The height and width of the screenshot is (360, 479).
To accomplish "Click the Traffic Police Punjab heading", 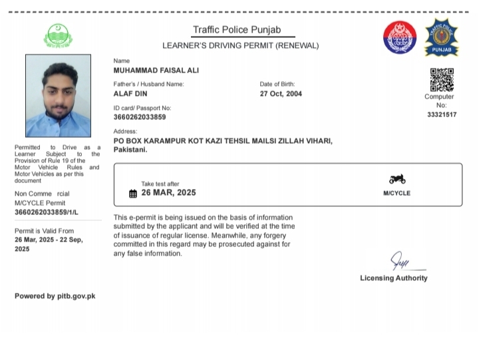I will click(x=236, y=30).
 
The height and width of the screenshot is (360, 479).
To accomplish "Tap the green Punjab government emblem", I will click(x=57, y=36).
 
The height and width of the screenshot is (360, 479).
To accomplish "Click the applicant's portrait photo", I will click(x=58, y=96).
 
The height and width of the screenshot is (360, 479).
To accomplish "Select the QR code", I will click(x=442, y=80).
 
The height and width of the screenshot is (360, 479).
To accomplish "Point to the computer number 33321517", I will click(x=442, y=114).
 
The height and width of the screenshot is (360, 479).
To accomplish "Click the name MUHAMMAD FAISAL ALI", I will click(x=156, y=71).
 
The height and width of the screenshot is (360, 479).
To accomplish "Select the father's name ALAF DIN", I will click(x=130, y=94).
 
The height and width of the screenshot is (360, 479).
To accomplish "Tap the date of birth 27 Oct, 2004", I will click(x=281, y=94).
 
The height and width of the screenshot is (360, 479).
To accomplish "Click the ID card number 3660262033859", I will click(x=140, y=117).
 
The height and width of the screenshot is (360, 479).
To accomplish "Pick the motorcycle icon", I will click(x=397, y=179).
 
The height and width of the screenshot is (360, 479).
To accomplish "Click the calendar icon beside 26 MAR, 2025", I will click(x=133, y=194).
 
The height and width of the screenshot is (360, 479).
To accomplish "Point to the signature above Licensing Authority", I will click(x=399, y=260).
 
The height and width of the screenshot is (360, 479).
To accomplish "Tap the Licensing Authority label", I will click(x=394, y=278).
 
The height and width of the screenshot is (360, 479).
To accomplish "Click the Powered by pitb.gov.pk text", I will click(x=55, y=296).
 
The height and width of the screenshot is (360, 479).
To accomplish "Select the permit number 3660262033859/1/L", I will click(x=47, y=212).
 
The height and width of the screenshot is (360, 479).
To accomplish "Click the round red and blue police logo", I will click(x=399, y=38).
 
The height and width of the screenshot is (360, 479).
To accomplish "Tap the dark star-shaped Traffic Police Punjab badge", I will click(x=441, y=38).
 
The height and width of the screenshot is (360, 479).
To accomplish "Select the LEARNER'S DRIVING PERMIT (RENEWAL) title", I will click(x=241, y=46).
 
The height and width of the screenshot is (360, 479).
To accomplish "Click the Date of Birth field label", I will click(x=277, y=85).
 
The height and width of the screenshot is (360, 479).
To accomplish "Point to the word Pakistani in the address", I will click(x=130, y=150).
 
